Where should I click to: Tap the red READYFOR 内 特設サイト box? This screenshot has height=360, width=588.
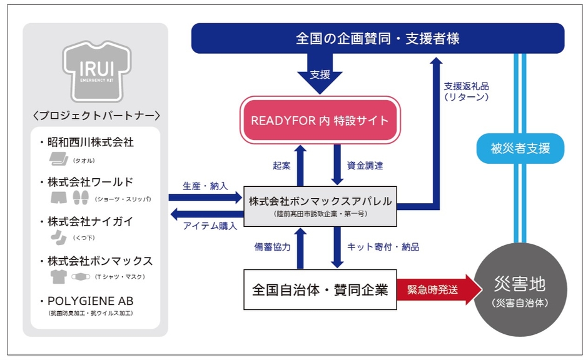(320, 121)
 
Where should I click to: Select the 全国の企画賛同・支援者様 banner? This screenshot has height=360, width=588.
(377, 39)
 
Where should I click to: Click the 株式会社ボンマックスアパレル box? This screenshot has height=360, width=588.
(320, 206)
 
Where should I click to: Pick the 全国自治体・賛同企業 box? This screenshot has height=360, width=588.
(320, 289)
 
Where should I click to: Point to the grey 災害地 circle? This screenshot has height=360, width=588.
(520, 291)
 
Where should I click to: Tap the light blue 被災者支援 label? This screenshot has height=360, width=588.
(520, 149)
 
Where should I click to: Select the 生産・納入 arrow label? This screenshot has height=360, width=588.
(205, 186)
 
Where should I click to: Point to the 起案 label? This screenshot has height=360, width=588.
(281, 166)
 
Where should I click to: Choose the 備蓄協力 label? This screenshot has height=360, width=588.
(273, 247)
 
